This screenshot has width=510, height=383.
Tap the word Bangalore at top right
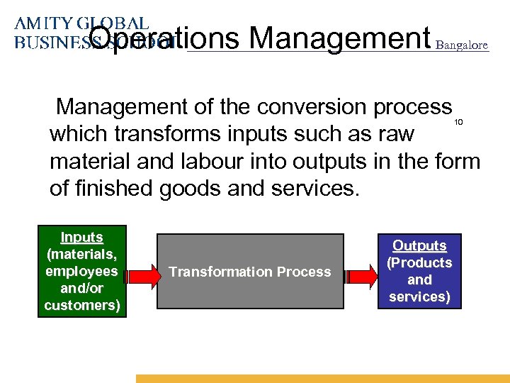pos(462,45)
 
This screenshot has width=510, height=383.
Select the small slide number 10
pos(458,123)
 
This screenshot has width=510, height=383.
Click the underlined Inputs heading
pos(81,238)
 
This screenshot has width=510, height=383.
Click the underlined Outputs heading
pos(419,246)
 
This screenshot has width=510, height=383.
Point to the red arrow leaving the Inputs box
pos(141,272)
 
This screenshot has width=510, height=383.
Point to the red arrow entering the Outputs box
pos(359,272)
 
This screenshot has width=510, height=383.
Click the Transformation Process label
pos(249,272)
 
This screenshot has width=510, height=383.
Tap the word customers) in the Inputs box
pos(81,305)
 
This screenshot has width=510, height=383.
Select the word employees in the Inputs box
pos(81,272)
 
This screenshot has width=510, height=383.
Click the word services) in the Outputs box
pos(419,296)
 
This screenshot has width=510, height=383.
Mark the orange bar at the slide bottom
pos(322,379)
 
